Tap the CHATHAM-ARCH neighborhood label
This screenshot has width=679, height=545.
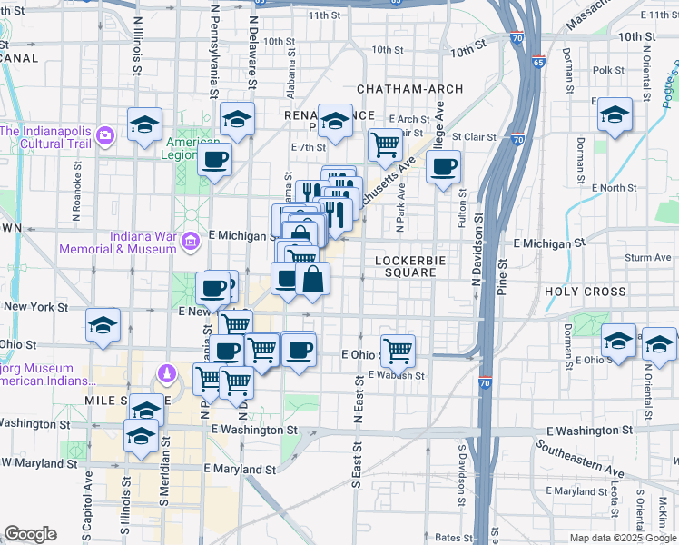click(410, 89)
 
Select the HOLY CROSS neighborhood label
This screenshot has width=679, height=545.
click(586, 292)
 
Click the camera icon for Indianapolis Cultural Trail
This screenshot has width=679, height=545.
click(106, 136)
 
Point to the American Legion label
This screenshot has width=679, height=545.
click(192, 148)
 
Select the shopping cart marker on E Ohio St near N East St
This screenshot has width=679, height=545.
click(398, 349)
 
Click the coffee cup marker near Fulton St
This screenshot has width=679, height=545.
click(444, 166)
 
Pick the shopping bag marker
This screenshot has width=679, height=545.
click(312, 277)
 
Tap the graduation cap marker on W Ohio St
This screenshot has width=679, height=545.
click(103, 324)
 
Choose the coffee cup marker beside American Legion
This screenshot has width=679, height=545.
click(215, 161)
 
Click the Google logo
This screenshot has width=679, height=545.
click(30, 534)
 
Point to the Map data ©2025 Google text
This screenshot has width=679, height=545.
click(623, 538)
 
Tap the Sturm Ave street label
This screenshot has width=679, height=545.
click(648, 258)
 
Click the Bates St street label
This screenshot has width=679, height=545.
click(449, 538)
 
